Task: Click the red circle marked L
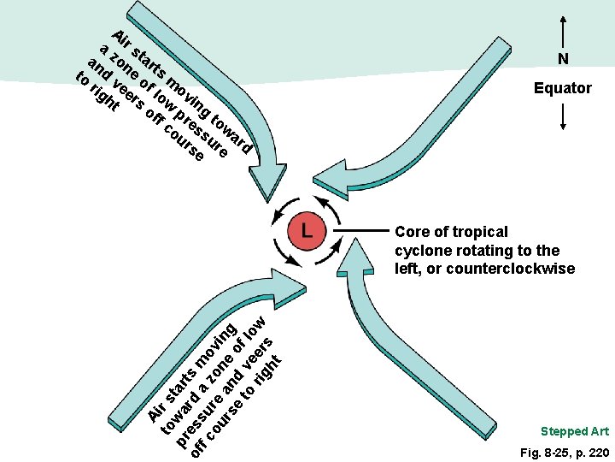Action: [307, 231]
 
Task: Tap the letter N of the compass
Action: [563, 58]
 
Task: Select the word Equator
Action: [563, 88]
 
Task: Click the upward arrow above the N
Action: [563, 33]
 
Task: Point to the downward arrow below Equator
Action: [563, 116]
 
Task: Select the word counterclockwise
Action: [511, 269]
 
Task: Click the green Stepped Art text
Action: [575, 432]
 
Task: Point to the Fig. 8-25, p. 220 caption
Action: [565, 453]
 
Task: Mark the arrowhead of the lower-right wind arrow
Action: [355, 256]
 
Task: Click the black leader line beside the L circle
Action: [360, 231]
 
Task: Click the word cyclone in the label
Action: [419, 252]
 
